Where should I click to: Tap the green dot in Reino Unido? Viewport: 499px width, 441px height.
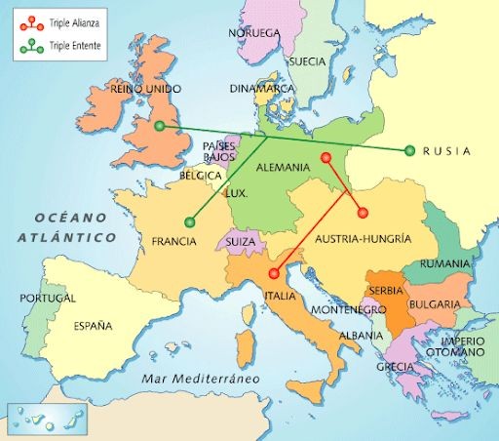click(x=160, y=126)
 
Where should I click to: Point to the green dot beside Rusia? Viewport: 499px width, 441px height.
click(x=409, y=150)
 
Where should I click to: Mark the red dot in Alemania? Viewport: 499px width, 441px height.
click(x=326, y=157)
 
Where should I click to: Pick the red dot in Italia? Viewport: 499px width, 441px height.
click(x=274, y=273)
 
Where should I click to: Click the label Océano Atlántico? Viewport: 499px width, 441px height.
click(x=66, y=226)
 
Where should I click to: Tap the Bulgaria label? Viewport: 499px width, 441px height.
click(x=434, y=304)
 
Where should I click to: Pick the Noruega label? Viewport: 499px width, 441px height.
click(x=255, y=32)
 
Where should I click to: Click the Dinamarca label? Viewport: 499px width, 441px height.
click(x=261, y=88)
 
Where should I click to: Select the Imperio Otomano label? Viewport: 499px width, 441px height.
click(x=461, y=346)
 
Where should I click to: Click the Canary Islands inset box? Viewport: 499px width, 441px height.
click(x=48, y=418)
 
